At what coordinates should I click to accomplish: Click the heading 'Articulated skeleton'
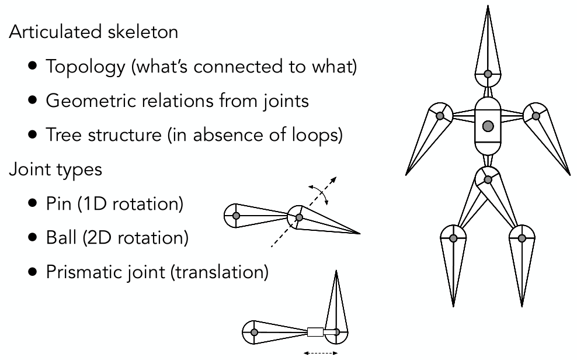point(93,32)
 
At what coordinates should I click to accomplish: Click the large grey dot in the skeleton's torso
point(488,126)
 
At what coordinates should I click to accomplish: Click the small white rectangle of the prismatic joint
point(315,333)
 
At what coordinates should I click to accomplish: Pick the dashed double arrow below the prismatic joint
point(319,353)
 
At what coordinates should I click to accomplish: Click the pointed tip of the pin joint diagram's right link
point(360,233)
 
